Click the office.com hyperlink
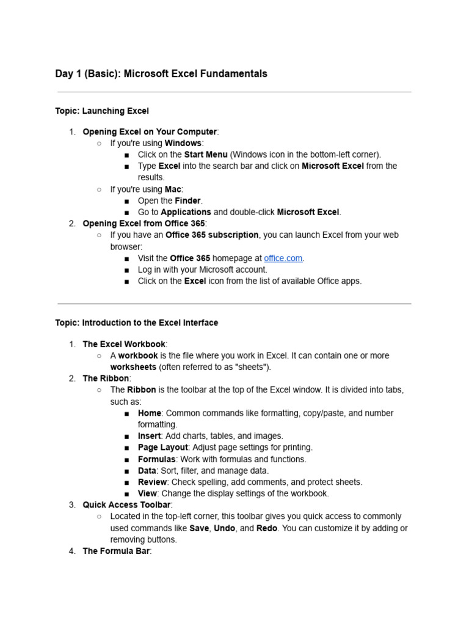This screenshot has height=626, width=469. [283, 258]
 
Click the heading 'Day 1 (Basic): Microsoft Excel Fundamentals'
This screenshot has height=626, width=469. [161, 74]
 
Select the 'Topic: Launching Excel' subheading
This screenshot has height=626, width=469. [102, 111]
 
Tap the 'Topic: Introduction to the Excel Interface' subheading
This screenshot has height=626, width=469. [136, 322]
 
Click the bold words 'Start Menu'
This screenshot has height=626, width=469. [206, 155]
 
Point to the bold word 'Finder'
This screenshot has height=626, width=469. [187, 201]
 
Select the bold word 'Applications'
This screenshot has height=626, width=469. [186, 212]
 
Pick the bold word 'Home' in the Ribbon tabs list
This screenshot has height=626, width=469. [149, 413]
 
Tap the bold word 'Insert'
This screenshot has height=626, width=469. [149, 436]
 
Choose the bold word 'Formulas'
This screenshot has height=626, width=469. [156, 459]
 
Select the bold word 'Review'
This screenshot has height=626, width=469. [152, 482]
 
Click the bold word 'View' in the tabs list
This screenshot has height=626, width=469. [147, 493]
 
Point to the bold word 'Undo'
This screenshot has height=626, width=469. [224, 528]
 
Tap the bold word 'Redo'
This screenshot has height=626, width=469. [267, 528]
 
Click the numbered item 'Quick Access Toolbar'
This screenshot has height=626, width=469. [126, 505]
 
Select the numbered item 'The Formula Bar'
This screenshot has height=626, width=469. [116, 551]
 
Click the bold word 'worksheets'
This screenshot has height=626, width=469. [133, 367]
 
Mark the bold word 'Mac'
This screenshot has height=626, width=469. [173, 190]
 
